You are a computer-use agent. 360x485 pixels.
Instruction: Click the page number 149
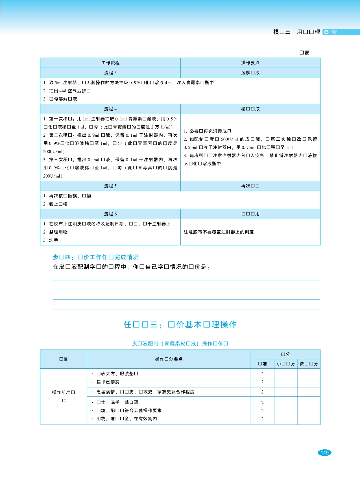[x=324, y=453]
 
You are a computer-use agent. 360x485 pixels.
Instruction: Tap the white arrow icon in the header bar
[x=326, y=32]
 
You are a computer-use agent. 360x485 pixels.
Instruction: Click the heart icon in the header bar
[x=334, y=32]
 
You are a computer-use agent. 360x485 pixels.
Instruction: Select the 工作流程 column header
[x=110, y=63]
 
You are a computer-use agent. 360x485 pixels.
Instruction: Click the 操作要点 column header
[x=250, y=63]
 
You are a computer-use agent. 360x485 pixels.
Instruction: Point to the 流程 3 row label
[x=110, y=73]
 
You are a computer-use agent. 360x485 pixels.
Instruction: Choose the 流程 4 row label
[x=110, y=109]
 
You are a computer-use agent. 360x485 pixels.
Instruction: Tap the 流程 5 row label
[x=110, y=186]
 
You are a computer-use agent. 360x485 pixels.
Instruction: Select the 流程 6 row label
[x=110, y=214]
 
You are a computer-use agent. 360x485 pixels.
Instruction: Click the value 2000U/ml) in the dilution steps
[x=54, y=152]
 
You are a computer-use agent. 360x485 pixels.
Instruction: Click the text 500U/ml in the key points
[x=229, y=139]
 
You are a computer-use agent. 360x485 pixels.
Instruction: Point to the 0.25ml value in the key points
[x=190, y=147]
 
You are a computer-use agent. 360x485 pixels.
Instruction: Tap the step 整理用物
[x=58, y=232]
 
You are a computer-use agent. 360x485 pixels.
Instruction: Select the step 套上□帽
[x=58, y=204]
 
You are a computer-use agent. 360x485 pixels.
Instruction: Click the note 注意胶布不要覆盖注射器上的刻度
[x=219, y=232]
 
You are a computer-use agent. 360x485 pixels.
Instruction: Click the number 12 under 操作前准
[x=64, y=401]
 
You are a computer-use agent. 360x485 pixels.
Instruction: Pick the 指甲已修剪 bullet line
[x=108, y=382]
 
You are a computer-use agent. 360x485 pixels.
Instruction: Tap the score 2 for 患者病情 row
[x=262, y=392]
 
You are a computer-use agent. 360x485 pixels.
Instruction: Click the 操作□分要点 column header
[x=169, y=359]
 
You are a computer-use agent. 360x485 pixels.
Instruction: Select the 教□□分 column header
[x=309, y=364]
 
